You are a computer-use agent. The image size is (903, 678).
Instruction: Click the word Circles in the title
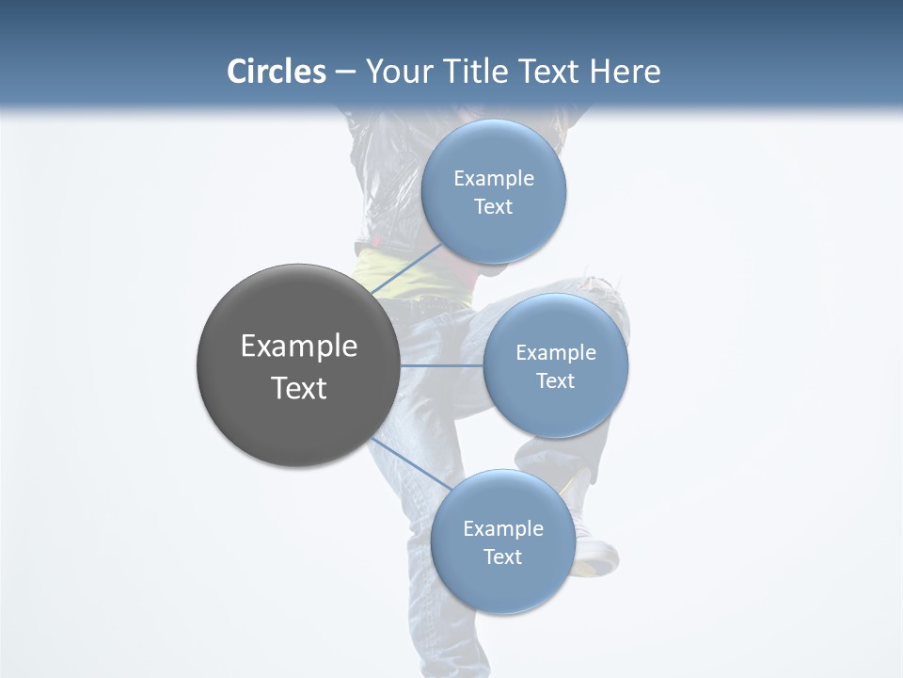click(277, 72)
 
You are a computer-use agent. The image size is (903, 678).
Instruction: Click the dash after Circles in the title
click(345, 73)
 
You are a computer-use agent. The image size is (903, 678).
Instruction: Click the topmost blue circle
click(494, 151)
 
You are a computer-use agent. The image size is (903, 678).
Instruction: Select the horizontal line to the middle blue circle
click(441, 365)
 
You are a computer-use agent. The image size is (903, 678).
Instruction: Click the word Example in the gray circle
click(299, 347)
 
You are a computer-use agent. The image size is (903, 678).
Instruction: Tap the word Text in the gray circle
click(299, 388)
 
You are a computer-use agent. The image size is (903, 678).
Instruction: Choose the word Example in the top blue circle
click(494, 179)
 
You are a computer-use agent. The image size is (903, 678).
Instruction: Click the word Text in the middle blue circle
click(556, 380)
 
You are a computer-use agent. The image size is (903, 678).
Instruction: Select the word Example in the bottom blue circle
click(502, 529)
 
